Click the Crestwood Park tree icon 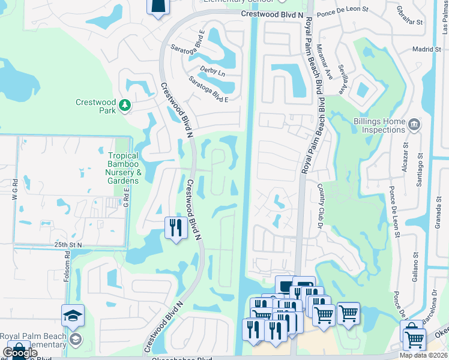tap(125, 106)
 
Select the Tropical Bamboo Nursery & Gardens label tap(123, 167)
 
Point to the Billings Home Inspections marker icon tap(414, 125)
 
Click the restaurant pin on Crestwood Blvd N tap(173, 227)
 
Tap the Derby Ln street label tap(212, 71)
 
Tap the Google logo tap(20, 353)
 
